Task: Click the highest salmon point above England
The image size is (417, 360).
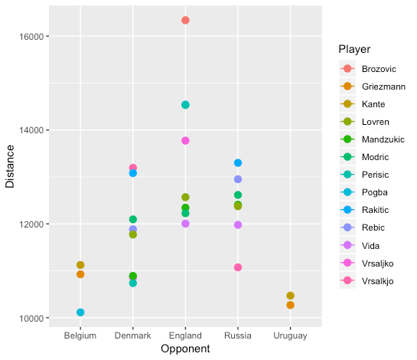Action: point(185,20)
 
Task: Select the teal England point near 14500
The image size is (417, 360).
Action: point(185,105)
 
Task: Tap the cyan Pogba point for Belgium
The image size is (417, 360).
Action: point(80,312)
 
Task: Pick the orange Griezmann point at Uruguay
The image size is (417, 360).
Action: point(291,305)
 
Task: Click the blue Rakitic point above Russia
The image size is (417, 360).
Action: point(238,162)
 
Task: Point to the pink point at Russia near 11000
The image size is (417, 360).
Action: point(238,267)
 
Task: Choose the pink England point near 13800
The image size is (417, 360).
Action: point(185,141)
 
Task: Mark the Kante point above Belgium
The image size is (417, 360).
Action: point(80,265)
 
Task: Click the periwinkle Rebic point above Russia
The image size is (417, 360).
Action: point(238,179)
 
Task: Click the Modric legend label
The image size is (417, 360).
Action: point(375,157)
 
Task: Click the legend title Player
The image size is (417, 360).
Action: point(354,49)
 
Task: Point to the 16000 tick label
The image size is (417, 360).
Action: point(31,37)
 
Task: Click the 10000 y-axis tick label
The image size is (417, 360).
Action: point(31,318)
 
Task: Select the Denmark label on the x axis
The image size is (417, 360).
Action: point(132,335)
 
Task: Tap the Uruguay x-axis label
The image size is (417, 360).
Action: point(290,336)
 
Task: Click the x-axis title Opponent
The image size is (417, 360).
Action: point(185,349)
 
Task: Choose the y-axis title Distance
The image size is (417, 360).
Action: point(10,166)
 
